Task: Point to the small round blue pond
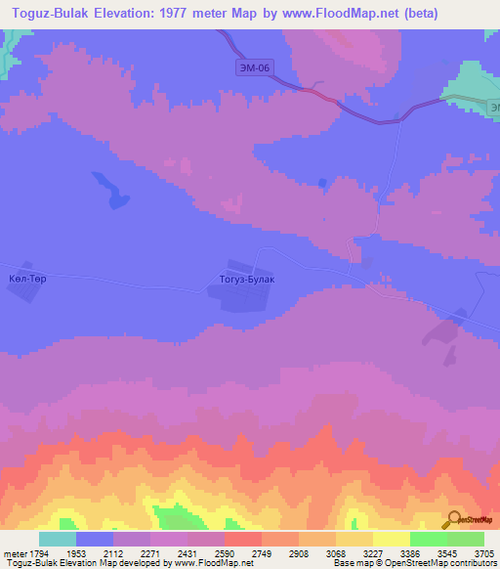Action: pos(322,182)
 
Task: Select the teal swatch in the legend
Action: pos(58,540)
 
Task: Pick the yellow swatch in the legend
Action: pos(391,540)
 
